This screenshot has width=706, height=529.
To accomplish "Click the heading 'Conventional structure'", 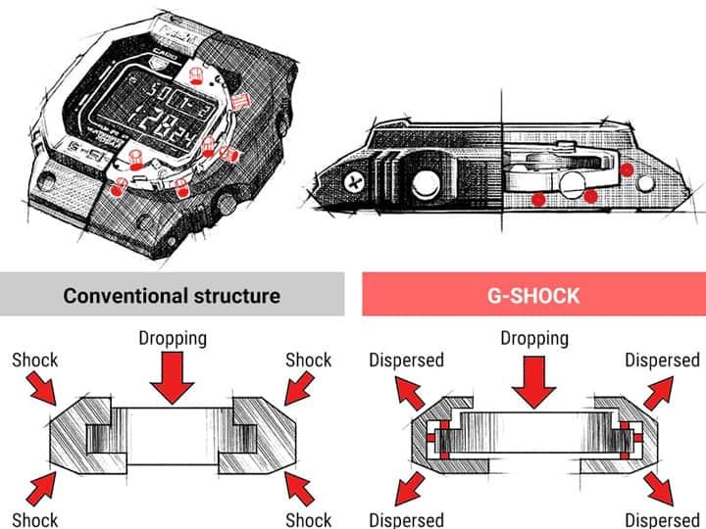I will (x=172, y=295).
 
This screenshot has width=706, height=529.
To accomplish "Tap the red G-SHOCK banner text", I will (x=533, y=295).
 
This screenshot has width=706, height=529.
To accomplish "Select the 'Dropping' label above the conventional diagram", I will (x=174, y=339).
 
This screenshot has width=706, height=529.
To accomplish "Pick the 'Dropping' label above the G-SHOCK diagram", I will (x=534, y=339).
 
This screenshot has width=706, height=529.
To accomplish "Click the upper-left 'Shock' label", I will (x=35, y=361).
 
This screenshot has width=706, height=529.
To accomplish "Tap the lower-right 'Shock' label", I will (x=309, y=519).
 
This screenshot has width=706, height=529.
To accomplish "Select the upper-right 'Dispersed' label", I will (x=663, y=361).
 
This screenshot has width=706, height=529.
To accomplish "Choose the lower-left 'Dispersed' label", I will (x=406, y=519).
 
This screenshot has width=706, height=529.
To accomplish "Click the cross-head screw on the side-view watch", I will (x=353, y=182).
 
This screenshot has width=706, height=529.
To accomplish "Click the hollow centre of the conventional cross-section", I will (x=174, y=436).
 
